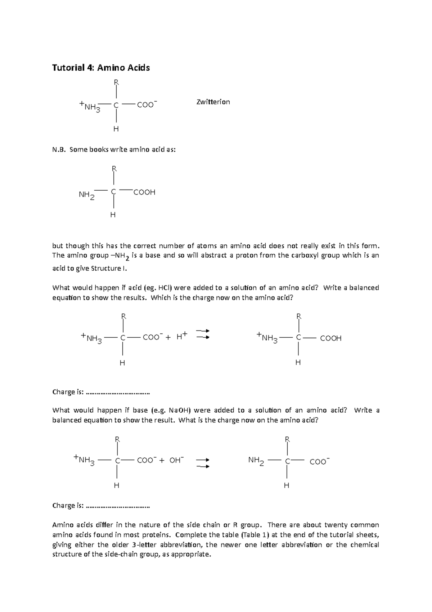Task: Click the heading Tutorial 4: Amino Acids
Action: (101, 68)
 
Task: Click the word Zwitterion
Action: (213, 102)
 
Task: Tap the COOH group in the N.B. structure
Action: (144, 192)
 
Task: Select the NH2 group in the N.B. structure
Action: (86, 195)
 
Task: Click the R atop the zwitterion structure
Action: (116, 82)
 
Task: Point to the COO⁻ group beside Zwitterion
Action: (147, 105)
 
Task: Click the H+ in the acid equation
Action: (182, 337)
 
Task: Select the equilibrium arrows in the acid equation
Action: (203, 334)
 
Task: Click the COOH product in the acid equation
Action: (330, 338)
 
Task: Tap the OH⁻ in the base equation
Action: (176, 460)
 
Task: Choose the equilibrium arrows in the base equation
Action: (203, 463)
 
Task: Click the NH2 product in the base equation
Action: (256, 461)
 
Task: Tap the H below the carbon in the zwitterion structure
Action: (116, 129)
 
